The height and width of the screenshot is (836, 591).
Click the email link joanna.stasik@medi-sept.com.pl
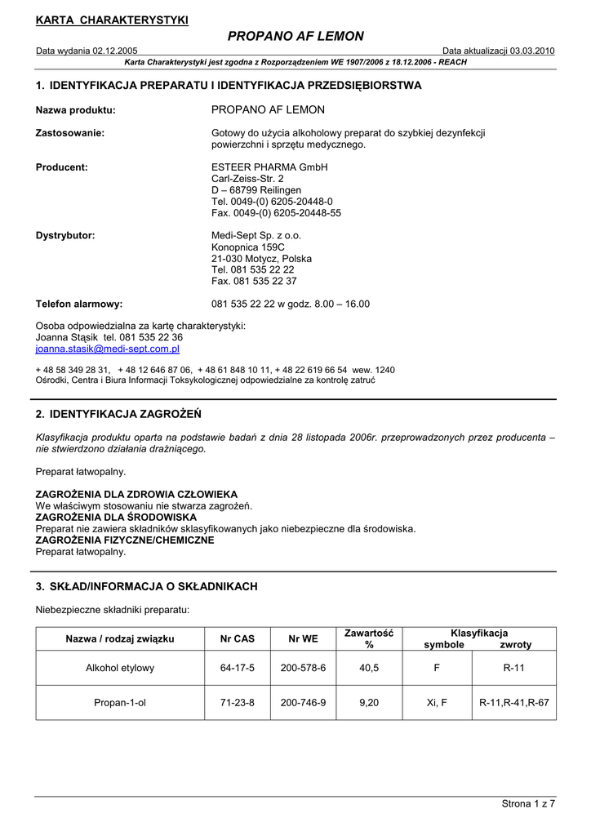(107, 349)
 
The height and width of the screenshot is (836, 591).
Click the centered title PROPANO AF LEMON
(295, 36)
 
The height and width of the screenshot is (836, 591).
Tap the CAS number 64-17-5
(238, 668)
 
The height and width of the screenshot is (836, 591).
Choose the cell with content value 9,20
(369, 702)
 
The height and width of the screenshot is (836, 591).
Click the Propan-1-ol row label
(120, 702)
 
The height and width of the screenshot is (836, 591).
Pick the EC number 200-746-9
(303, 702)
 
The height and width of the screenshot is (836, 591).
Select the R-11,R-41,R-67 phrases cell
(514, 702)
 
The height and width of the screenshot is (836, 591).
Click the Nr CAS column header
(238, 638)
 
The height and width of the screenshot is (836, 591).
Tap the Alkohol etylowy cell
(120, 668)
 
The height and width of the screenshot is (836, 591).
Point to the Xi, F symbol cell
(437, 702)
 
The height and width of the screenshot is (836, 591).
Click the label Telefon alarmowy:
(79, 304)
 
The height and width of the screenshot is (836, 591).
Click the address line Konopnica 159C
(248, 247)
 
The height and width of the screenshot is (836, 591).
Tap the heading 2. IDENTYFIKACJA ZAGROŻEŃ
(118, 414)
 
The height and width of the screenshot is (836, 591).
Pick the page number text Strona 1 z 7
(528, 804)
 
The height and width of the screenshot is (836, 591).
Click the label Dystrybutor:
(65, 235)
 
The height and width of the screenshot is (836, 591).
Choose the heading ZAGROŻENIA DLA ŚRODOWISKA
(116, 517)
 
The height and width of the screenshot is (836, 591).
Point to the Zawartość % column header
(369, 638)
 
